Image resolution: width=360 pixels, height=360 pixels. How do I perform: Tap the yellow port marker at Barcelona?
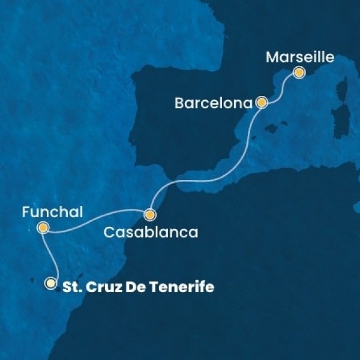click(x=262, y=103)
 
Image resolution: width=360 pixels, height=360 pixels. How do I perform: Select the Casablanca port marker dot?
click(x=150, y=214)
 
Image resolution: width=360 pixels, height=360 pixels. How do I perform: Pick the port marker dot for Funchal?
click(x=43, y=227)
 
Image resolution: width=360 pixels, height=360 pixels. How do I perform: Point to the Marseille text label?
click(x=298, y=58)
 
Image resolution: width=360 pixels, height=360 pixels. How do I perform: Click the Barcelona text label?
click(x=213, y=103)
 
